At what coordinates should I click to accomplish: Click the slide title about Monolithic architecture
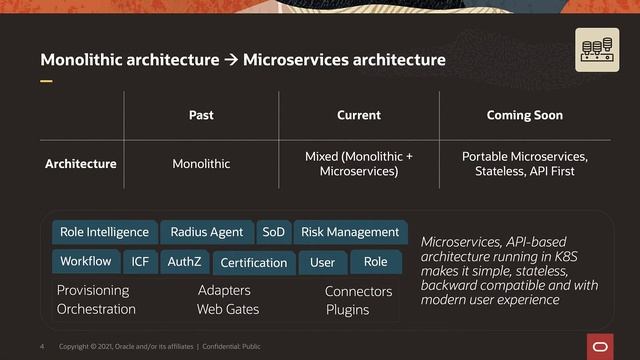click(242, 61)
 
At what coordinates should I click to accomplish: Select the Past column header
click(201, 115)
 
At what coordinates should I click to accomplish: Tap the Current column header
click(358, 115)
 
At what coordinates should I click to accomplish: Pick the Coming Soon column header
click(524, 115)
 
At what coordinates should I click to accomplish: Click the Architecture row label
click(80, 163)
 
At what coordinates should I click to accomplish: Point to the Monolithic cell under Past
click(201, 163)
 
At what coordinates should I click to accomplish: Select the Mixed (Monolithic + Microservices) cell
click(358, 164)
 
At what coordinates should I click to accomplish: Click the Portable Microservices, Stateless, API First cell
click(524, 164)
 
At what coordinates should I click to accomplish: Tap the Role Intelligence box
click(104, 232)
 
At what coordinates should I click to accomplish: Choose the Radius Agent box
click(206, 232)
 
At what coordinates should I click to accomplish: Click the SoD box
click(273, 232)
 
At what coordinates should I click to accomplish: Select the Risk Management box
click(350, 232)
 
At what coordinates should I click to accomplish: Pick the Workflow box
click(85, 262)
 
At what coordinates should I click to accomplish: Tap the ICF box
click(140, 262)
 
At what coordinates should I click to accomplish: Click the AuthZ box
click(184, 262)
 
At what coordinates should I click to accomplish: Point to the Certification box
click(253, 263)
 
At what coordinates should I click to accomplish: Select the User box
click(322, 263)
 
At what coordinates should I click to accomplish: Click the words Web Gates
click(228, 309)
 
